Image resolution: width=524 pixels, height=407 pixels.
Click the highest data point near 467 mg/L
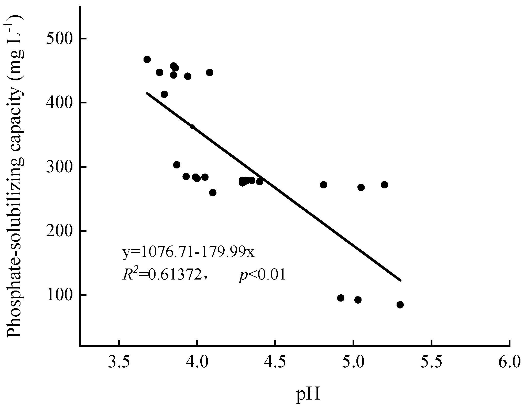pyautogui.click(x=147, y=60)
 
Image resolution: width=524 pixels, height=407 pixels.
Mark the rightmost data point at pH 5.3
pyautogui.click(x=400, y=305)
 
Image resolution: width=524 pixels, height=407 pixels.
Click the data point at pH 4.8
pyautogui.click(x=324, y=185)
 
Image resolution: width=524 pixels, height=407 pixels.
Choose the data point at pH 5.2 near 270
pyautogui.click(x=385, y=185)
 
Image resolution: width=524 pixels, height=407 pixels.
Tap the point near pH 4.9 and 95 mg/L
pyautogui.click(x=341, y=298)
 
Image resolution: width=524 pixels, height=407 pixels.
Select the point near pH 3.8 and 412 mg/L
pyautogui.click(x=164, y=94)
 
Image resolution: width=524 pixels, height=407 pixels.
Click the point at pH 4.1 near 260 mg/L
pyautogui.click(x=213, y=193)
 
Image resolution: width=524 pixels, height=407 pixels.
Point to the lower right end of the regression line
pyautogui.click(x=400, y=280)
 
